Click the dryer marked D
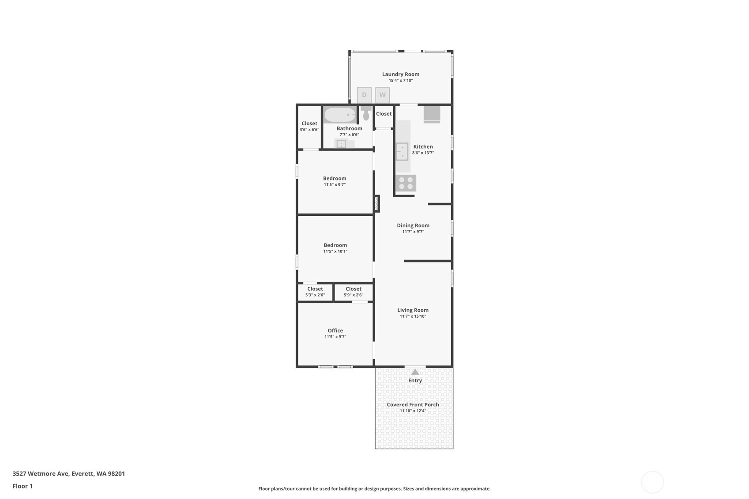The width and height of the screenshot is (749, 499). click(x=364, y=95)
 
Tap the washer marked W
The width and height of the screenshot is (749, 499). click(x=382, y=95)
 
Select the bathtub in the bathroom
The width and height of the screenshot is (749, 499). click(x=340, y=115)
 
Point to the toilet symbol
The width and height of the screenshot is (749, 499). click(x=366, y=113)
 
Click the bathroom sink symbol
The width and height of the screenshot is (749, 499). click(x=341, y=144)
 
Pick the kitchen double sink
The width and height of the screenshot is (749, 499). click(x=402, y=152)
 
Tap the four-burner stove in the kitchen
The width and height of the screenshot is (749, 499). click(x=406, y=183)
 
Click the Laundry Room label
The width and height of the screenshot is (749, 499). click(x=401, y=74)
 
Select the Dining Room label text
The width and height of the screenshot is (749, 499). click(x=413, y=225)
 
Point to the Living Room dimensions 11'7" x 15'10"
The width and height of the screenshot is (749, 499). click(x=413, y=316)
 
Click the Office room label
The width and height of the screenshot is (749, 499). click(x=335, y=330)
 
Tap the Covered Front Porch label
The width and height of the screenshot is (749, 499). click(x=413, y=405)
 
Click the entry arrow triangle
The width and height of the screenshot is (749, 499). click(x=415, y=372)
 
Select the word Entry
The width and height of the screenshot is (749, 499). click(x=415, y=380)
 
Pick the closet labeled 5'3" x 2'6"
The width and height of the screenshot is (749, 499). click(x=315, y=292)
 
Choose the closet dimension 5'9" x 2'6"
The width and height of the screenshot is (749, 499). click(x=354, y=295)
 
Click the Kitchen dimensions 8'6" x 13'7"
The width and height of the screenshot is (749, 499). click(x=423, y=153)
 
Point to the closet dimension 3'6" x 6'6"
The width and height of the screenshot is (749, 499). click(x=309, y=130)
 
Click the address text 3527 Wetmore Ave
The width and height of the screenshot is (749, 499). click(x=41, y=473)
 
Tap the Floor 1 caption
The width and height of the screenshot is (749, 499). click(x=23, y=486)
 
